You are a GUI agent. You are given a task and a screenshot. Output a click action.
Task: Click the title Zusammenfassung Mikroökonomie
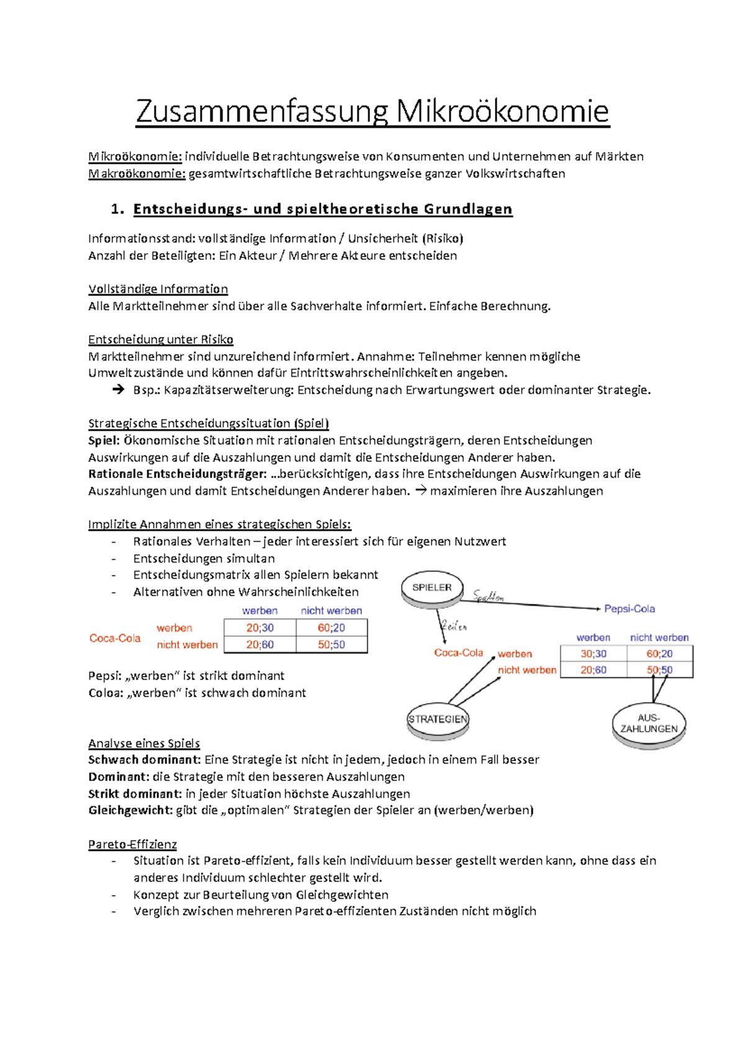(372, 112)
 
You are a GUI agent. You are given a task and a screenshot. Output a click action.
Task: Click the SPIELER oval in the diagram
(432, 588)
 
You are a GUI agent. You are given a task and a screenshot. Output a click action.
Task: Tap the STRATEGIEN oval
(438, 719)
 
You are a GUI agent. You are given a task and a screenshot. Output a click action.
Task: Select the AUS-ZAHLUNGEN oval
(649, 724)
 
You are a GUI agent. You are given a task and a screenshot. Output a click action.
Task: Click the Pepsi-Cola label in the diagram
(630, 609)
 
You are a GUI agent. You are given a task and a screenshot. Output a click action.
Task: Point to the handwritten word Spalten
(489, 597)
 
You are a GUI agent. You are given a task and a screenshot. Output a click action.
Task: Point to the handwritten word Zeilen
(454, 626)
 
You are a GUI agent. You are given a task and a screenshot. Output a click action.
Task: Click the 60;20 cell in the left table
(332, 628)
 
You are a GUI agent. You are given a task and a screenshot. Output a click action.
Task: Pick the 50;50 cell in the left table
(332, 645)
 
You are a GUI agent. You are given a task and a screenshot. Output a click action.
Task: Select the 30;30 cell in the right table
(594, 654)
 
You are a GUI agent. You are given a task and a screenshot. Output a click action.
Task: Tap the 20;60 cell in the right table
(594, 670)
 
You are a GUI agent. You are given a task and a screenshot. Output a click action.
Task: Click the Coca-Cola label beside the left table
(115, 638)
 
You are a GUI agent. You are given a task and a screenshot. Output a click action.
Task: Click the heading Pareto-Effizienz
(132, 844)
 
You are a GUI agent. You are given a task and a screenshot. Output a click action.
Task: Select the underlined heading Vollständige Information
(158, 289)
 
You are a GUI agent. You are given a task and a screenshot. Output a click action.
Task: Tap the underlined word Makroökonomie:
(137, 174)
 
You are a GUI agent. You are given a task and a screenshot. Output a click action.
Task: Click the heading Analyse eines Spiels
(144, 744)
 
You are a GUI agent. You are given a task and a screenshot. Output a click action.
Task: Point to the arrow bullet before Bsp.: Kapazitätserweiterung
(118, 390)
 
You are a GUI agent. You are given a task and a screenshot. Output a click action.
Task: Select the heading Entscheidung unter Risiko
(161, 340)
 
